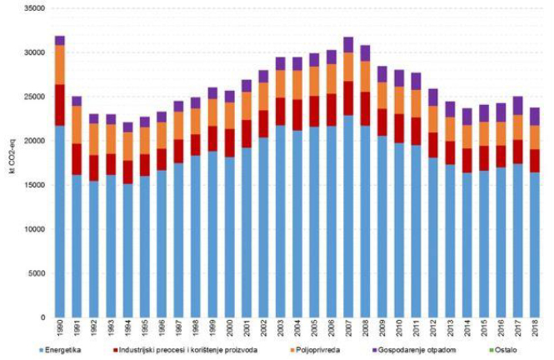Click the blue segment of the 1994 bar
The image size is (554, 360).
128,250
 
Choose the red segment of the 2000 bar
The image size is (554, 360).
229,142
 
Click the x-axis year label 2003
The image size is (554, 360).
281,330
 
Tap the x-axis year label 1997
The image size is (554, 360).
178,330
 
